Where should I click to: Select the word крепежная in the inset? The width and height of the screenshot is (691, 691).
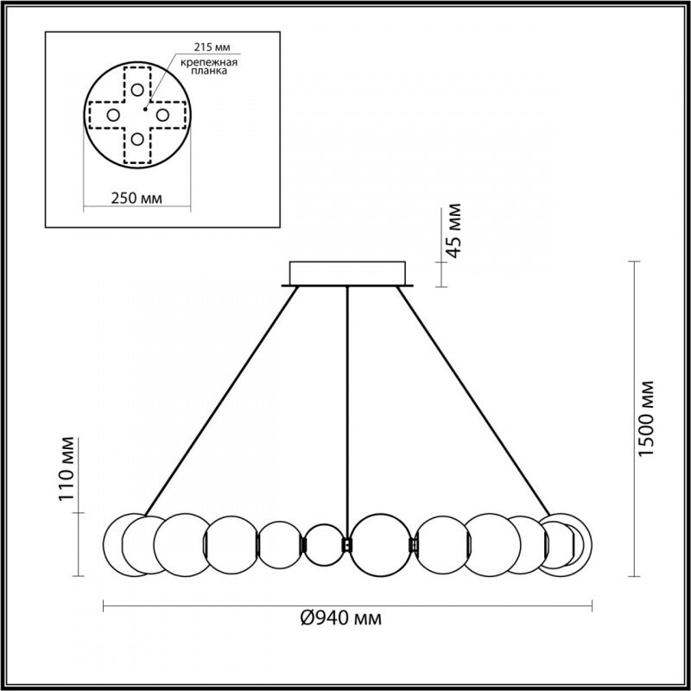(209, 64)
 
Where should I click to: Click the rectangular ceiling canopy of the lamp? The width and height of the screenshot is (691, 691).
(347, 273)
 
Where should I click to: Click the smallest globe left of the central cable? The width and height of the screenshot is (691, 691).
(324, 544)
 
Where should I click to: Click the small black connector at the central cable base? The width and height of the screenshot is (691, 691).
(347, 544)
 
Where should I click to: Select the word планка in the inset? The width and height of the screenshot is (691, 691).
(211, 73)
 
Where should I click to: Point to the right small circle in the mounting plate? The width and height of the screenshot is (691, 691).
(162, 114)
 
